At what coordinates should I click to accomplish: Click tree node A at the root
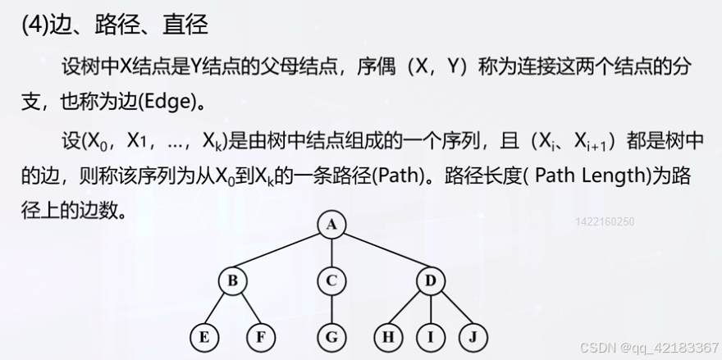click(x=331, y=224)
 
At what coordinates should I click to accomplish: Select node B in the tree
click(x=233, y=281)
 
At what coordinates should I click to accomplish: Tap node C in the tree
click(x=331, y=281)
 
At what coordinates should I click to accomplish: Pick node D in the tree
click(x=430, y=281)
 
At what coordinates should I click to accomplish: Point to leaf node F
click(x=260, y=336)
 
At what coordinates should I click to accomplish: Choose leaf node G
click(x=331, y=336)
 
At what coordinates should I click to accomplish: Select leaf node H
click(x=387, y=336)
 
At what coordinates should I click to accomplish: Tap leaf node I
click(x=430, y=336)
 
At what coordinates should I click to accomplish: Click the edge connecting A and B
click(x=282, y=253)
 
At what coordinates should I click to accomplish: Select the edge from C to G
click(x=331, y=309)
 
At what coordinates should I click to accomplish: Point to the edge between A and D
click(x=381, y=253)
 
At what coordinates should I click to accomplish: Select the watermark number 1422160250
click(x=605, y=221)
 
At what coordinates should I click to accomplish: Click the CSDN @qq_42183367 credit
click(x=649, y=348)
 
